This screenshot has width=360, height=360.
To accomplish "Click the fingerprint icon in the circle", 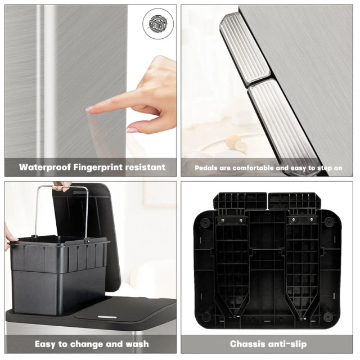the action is tap(158, 24).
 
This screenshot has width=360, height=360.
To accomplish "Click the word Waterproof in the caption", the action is tap(45, 167).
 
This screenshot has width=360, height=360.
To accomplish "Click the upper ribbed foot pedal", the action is tap(245, 48).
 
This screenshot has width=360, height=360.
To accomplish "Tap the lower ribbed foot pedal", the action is tap(282, 124).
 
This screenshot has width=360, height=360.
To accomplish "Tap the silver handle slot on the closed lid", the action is tap(107, 317).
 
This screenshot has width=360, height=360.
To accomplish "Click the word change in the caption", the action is tap(85, 344).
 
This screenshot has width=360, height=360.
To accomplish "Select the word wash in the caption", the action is tap(137, 344).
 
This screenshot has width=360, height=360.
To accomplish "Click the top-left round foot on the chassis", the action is tap(205, 222).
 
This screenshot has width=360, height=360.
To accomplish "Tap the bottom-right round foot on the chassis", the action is tap(328, 317).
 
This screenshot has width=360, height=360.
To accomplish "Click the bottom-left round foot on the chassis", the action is tap(206, 317).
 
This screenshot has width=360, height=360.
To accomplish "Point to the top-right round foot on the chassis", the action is tap(329, 222).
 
